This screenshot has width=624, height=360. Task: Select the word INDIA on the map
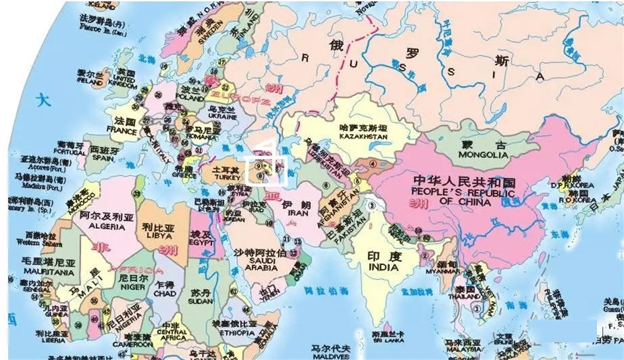point(384,267)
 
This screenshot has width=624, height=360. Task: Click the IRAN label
point(297,213)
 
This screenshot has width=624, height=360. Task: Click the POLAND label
point(190,98)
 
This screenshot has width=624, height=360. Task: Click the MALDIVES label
point(331,356)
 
